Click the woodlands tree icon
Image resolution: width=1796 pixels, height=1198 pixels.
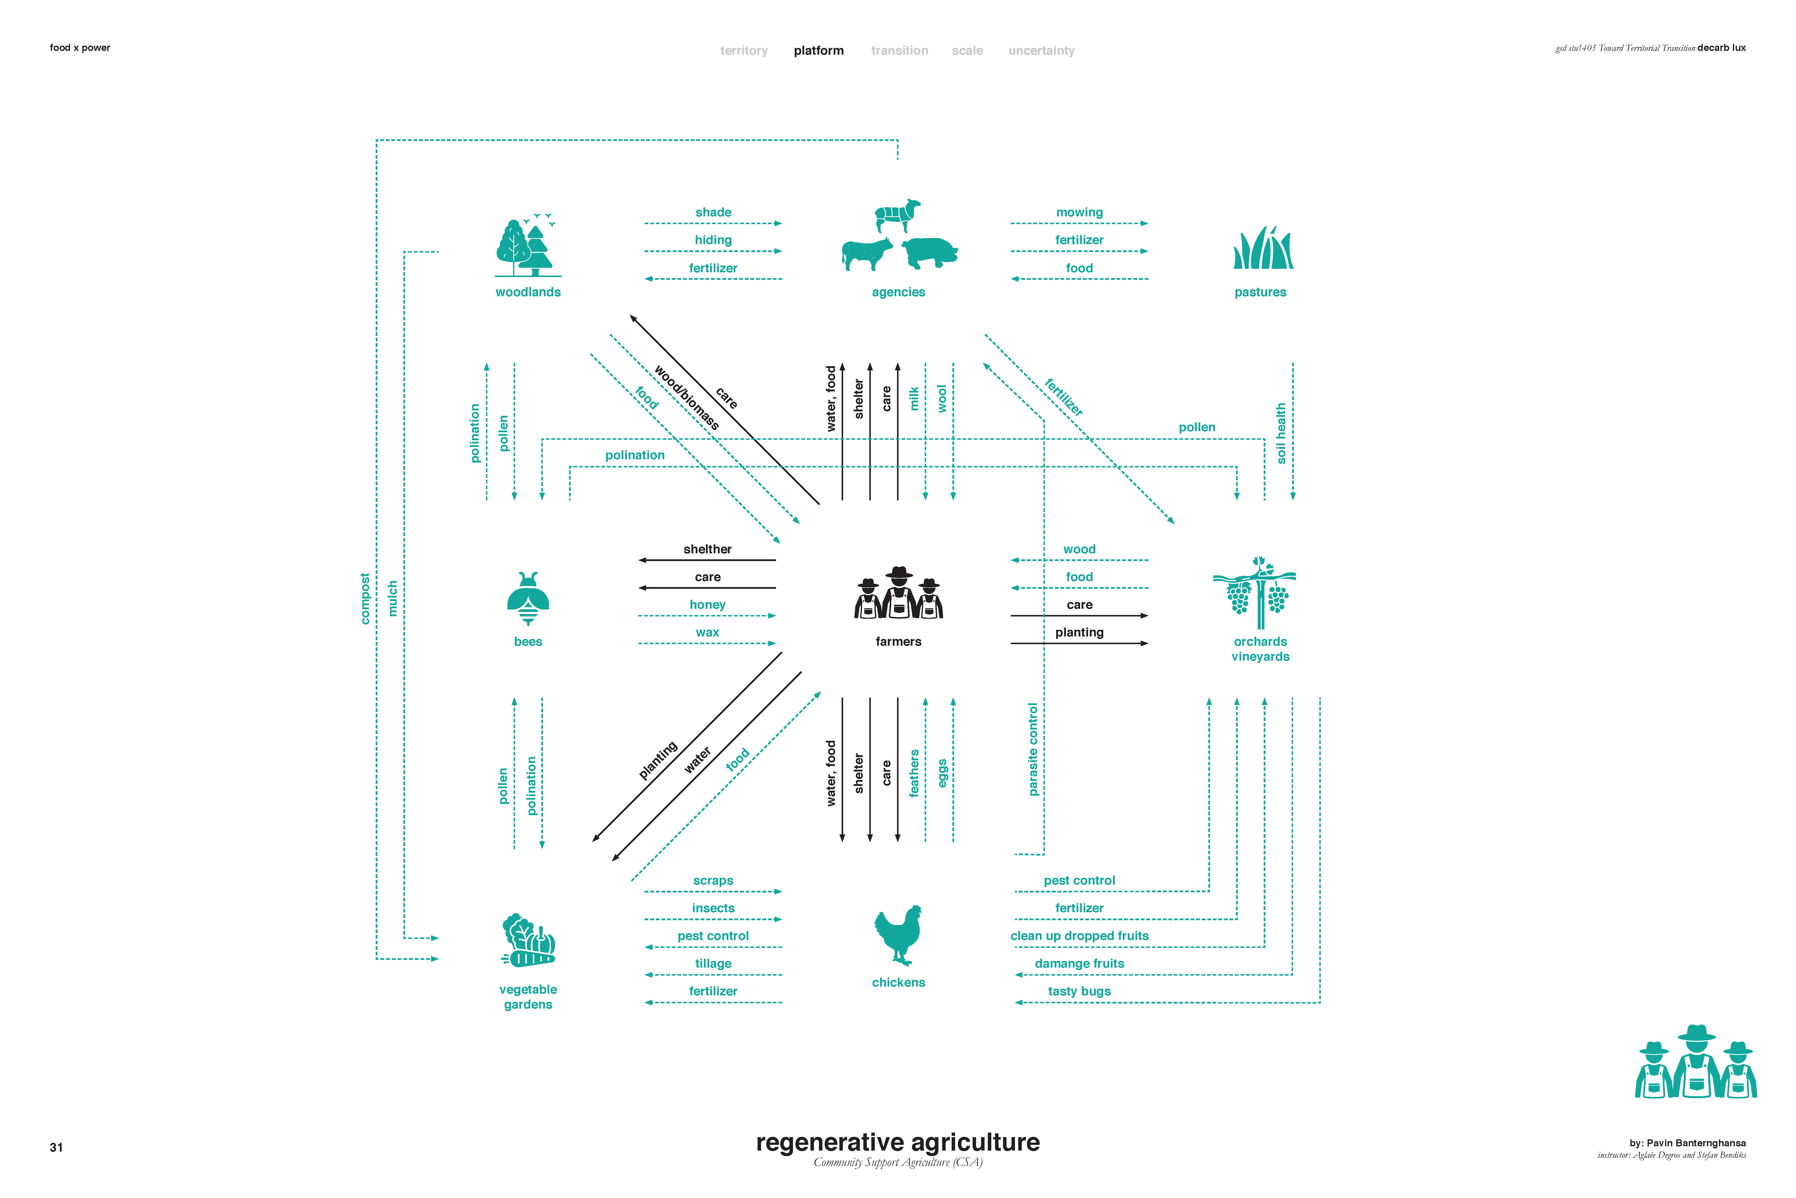point(527,246)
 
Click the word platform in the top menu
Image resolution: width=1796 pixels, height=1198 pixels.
point(819,50)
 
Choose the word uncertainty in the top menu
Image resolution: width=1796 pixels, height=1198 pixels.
point(1041,50)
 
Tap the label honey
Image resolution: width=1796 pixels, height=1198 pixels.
point(707,604)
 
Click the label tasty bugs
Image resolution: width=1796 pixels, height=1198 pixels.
point(1079,991)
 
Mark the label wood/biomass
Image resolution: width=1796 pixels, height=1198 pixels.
point(686,397)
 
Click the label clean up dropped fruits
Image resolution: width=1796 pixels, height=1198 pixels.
point(1079,936)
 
